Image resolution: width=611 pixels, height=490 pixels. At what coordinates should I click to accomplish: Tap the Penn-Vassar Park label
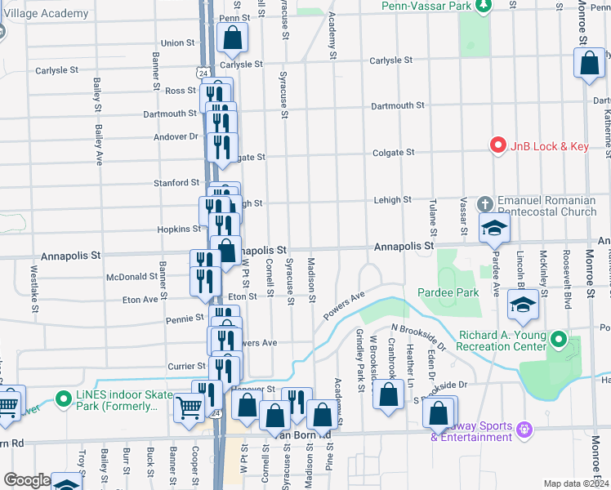click(426, 6)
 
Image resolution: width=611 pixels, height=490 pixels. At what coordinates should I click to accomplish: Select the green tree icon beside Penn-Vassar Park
click(483, 6)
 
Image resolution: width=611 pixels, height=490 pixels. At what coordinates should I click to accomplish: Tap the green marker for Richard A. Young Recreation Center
click(559, 338)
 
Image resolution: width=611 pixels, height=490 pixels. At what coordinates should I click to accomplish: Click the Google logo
click(26, 480)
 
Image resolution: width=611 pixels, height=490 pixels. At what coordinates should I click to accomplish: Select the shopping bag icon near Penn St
click(233, 37)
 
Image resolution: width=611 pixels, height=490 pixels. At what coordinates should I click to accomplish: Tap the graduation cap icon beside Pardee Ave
click(494, 229)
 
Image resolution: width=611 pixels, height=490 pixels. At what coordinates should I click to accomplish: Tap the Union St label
click(178, 43)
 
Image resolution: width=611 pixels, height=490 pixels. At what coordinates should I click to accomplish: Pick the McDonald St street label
click(132, 277)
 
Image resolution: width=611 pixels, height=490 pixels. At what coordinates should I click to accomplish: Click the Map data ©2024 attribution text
click(576, 483)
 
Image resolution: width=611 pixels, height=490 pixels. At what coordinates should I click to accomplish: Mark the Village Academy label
click(44, 14)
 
